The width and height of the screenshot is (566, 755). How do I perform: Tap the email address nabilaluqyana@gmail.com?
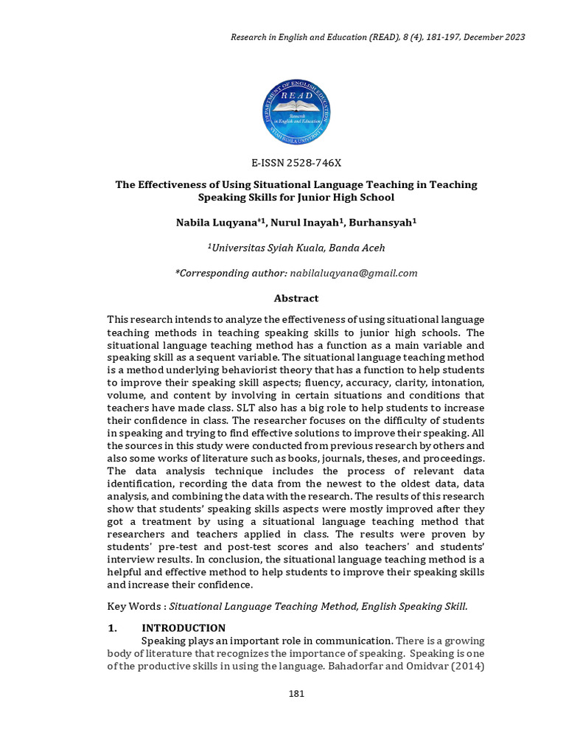pos(354,273)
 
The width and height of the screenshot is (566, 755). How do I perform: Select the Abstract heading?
pos(296,298)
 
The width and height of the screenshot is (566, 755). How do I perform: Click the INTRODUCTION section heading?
pos(184,628)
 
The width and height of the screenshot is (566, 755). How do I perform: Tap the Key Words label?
pos(135,606)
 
